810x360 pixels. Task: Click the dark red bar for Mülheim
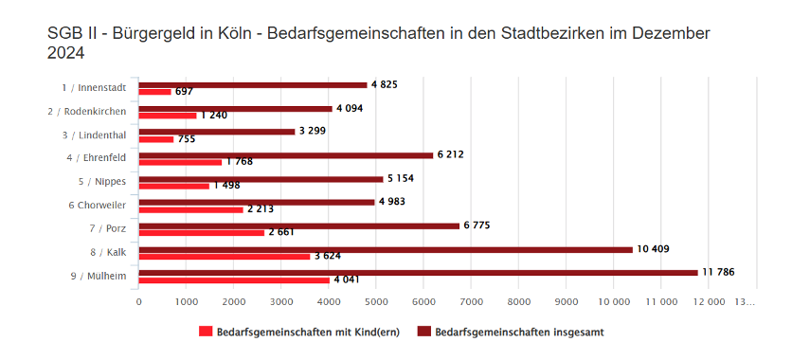418,273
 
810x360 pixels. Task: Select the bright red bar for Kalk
225,256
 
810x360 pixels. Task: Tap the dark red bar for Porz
299,225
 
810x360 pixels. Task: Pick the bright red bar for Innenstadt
155,92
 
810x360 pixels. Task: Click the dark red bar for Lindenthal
217,132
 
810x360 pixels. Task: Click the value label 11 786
718,273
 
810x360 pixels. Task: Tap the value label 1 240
214,116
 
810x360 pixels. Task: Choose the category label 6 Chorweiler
97,205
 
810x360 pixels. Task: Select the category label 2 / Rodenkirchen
87,111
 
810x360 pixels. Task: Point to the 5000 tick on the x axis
376,301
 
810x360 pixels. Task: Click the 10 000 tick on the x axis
614,301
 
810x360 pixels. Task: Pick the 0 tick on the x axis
139,301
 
